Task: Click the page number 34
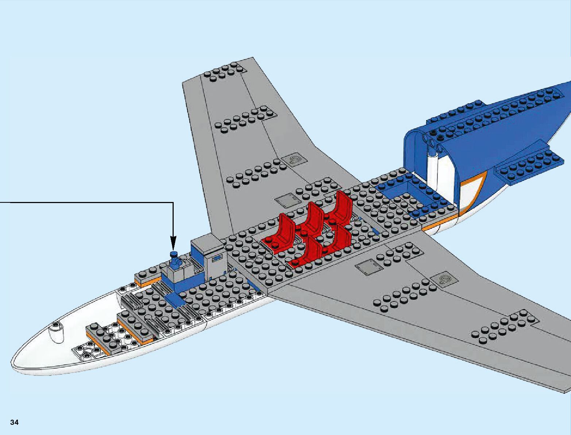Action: coord(15,422)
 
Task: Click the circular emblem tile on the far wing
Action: coord(293,160)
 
